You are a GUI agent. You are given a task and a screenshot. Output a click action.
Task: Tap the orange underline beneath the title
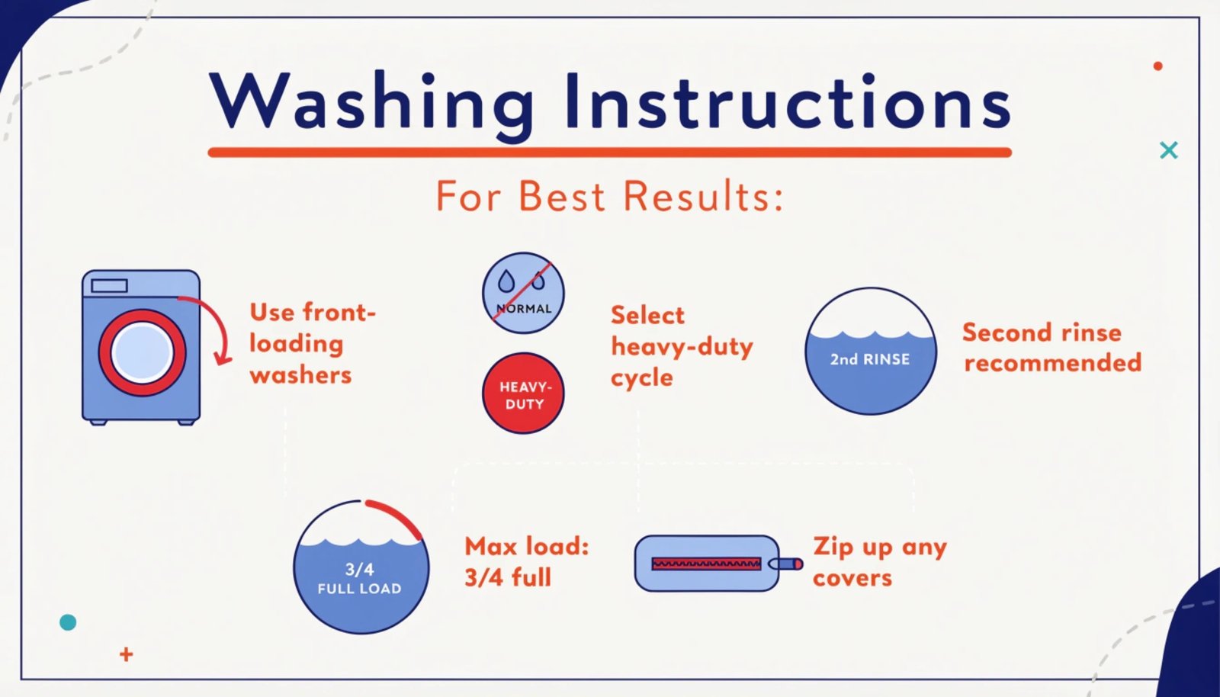pos(609,153)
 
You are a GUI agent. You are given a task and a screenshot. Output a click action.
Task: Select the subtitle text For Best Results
pos(609,196)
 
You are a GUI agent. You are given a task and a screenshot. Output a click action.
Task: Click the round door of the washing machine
pos(142,352)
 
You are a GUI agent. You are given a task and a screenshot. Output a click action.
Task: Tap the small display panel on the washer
pos(109,286)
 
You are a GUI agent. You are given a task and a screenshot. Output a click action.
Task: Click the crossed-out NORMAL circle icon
pos(523,293)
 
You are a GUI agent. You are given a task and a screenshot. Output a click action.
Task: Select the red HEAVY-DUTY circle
pos(523,393)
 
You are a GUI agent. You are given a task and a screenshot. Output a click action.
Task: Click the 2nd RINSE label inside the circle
pos(870,359)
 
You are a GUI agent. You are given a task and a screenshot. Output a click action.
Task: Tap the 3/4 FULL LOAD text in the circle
pos(360,579)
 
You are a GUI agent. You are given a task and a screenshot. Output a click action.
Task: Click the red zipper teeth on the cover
pos(706,564)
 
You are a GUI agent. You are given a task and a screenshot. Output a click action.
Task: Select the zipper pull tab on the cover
pos(786,564)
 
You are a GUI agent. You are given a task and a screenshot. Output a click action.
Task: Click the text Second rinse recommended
pos(1051,348)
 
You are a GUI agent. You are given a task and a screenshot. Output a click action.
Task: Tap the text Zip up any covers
pos(879,562)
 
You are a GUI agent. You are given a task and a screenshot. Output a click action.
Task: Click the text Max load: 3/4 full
pos(526,562)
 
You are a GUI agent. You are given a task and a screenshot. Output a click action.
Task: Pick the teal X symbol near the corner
pos(1168,150)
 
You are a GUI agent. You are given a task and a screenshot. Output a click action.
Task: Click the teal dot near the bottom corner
pos(68,622)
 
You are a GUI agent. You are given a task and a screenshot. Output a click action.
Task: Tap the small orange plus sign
pos(127,654)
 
